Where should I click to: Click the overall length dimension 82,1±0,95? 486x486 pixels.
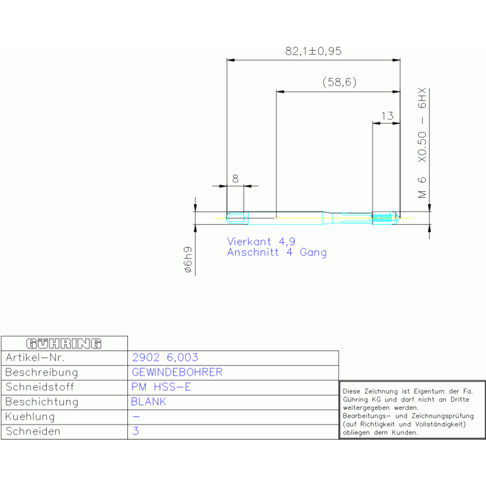click(313, 51)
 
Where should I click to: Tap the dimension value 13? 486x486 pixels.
click(387, 116)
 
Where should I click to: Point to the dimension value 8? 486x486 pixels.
click(235, 179)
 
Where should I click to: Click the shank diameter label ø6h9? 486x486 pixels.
click(188, 260)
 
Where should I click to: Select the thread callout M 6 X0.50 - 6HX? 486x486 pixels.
click(422, 143)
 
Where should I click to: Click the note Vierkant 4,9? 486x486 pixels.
click(261, 241)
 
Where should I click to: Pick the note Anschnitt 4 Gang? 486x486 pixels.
click(277, 252)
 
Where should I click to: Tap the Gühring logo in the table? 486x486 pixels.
click(64, 343)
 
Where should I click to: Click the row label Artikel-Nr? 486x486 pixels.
click(35, 357)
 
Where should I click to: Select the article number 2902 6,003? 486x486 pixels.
click(165, 357)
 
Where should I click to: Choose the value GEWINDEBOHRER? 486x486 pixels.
click(177, 372)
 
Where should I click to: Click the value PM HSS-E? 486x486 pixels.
click(161, 387)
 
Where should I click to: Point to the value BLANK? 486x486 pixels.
click(149, 402)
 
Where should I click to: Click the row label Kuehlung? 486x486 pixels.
click(30, 416)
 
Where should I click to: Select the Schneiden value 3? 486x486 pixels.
click(136, 431)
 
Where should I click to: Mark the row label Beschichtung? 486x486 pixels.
click(42, 402)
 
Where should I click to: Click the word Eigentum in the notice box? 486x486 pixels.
click(429, 392)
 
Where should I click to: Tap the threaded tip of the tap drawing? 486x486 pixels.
click(386, 218)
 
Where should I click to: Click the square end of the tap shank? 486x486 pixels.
click(237, 218)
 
